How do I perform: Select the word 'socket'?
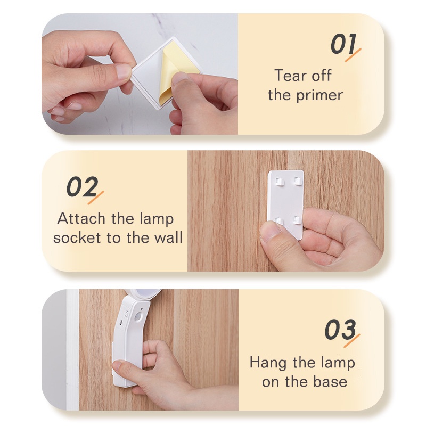pyautogui.click(x=78, y=237)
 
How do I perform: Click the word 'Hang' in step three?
pyautogui.click(x=268, y=363)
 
